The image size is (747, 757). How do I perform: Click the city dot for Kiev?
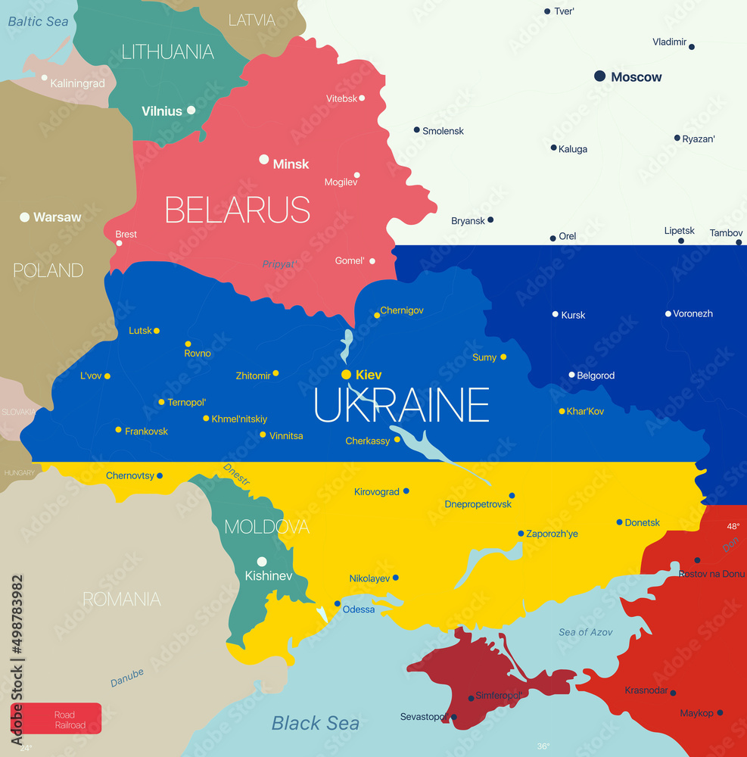[346, 375]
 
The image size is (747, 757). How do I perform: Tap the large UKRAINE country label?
[402, 405]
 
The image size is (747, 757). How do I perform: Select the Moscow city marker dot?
[599, 76]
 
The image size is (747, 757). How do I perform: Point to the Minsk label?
[291, 164]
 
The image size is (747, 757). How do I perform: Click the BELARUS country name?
[238, 210]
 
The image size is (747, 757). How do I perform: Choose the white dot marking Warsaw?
[25, 217]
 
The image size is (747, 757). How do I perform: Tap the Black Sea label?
[315, 723]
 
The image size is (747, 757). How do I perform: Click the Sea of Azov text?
[586, 632]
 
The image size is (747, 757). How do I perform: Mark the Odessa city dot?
[338, 603]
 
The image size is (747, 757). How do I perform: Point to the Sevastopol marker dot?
[453, 717]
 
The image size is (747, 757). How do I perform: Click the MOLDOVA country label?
[266, 526]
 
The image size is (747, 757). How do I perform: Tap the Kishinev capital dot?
[262, 562]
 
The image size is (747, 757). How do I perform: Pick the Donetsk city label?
[643, 522]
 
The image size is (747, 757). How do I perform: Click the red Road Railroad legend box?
[56, 719]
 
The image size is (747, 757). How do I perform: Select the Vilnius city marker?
[191, 110]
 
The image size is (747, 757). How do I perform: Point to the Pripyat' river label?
[279, 264]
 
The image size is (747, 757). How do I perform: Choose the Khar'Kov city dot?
[562, 411]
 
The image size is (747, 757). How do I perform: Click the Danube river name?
[127, 678]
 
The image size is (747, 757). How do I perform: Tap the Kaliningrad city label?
[78, 83]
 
